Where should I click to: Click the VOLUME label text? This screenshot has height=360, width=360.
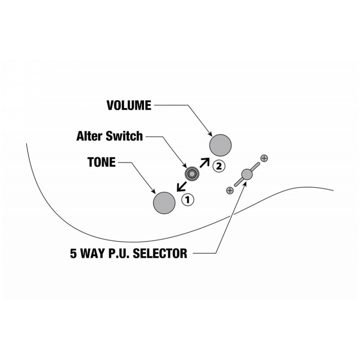129,105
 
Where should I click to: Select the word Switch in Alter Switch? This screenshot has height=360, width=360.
124,136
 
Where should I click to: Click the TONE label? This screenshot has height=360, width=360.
102,162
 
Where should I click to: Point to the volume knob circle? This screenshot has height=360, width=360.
220,145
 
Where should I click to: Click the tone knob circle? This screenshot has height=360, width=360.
164,203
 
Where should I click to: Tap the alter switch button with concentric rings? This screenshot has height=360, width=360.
192,174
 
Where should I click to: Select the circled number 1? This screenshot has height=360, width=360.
188,200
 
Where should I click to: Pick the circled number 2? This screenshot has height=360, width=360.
219,166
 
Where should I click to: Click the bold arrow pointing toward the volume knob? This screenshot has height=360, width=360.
205,162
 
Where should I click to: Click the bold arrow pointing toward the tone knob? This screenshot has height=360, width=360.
182,186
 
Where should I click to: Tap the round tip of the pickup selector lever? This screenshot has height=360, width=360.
247,174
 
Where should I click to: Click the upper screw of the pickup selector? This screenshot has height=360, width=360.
264,158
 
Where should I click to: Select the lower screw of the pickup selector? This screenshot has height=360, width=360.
230,190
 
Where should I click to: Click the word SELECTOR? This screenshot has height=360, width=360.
160,253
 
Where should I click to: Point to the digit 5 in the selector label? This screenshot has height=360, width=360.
73,253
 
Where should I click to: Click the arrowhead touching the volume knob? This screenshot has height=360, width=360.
210,134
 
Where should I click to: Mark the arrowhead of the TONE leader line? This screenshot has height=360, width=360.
153,191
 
